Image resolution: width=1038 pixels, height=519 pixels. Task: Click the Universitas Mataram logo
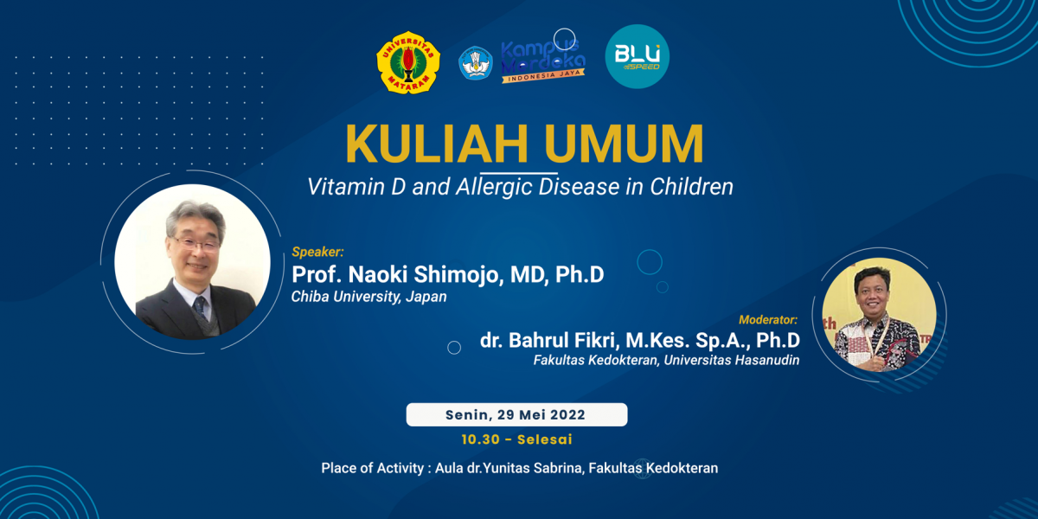[408, 63]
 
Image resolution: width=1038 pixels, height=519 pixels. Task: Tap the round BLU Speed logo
[638, 56]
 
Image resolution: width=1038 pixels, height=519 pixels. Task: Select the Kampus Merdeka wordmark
[543, 61]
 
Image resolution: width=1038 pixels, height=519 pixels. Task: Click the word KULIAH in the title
[437, 144]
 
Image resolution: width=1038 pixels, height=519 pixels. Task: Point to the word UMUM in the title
[625, 144]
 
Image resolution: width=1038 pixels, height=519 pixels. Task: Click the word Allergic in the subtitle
[494, 187]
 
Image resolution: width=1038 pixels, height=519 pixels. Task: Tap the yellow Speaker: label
[318, 252]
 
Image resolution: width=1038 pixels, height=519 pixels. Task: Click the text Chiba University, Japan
[368, 297]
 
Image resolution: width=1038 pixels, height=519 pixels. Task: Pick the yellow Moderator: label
[768, 320]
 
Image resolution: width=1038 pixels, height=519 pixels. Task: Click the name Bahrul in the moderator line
[538, 341]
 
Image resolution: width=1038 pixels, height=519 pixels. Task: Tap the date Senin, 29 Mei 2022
[516, 414]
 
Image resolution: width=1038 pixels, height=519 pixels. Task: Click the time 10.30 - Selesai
[516, 439]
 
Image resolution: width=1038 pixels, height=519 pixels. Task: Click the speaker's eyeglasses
[197, 244]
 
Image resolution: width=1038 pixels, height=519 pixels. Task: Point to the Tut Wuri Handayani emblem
[476, 63]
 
